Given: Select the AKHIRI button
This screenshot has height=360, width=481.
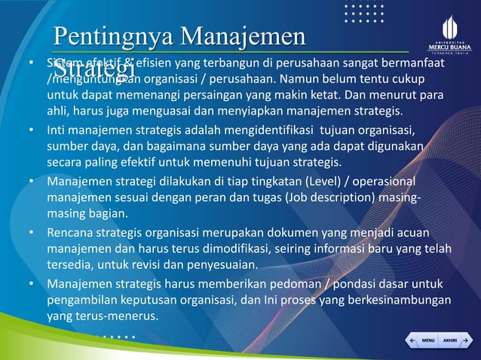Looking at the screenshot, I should click(449, 340).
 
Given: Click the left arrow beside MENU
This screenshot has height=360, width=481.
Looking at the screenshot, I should click(411, 340).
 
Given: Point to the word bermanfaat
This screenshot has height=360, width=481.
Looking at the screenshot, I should click(411, 63).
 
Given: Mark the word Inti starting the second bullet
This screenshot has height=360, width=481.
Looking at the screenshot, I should click(57, 131).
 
